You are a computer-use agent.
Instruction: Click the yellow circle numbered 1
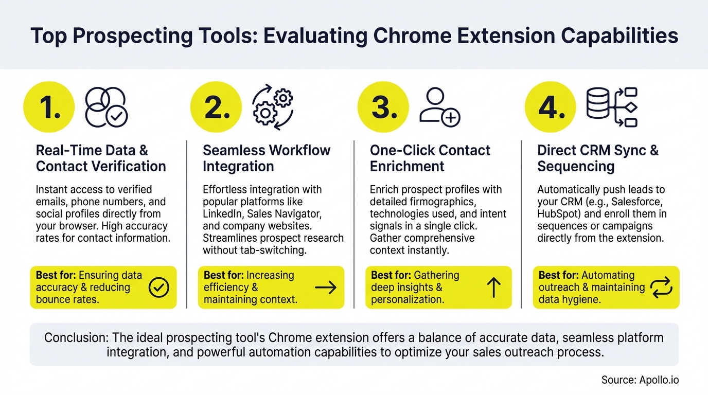pyautogui.click(x=49, y=107)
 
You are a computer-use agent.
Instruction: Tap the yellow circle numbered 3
pyautogui.click(x=383, y=107)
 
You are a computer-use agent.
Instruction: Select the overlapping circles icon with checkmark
pyautogui.click(x=106, y=107)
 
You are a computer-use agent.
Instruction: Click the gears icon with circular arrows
pyautogui.click(x=273, y=107)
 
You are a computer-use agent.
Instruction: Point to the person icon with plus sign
pyautogui.click(x=439, y=107)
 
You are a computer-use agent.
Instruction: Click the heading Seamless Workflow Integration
pyautogui.click(x=267, y=158)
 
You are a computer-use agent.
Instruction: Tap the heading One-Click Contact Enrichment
pyautogui.click(x=430, y=158)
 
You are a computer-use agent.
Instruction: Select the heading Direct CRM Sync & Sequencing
pyautogui.click(x=598, y=158)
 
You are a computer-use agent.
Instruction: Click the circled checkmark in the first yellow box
pyautogui.click(x=158, y=288)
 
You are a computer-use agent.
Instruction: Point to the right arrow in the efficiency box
pyautogui.click(x=326, y=288)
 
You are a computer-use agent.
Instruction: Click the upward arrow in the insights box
pyautogui.click(x=493, y=288)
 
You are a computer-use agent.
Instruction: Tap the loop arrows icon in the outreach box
pyautogui.click(x=661, y=288)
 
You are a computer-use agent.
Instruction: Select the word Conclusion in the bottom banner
pyautogui.click(x=75, y=338)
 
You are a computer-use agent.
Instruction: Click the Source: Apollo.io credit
pyautogui.click(x=640, y=380)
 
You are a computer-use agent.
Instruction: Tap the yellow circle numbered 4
pyautogui.click(x=550, y=107)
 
